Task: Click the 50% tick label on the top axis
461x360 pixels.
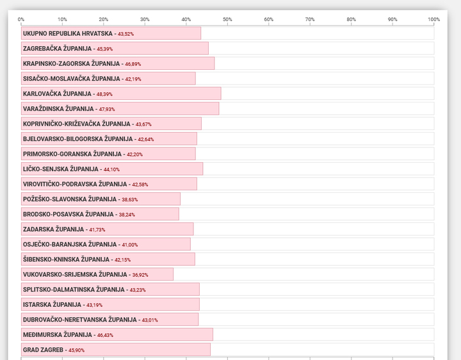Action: coord(227,19)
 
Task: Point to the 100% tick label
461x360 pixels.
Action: coord(433,19)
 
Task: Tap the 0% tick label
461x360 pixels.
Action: coord(21,19)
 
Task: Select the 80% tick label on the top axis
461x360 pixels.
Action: coord(351,19)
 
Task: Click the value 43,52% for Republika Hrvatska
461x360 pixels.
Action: coord(126,34)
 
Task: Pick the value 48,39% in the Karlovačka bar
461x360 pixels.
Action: coord(104,94)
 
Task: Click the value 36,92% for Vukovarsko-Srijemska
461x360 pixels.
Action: coord(140,275)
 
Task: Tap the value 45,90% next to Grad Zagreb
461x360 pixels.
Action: coord(76,350)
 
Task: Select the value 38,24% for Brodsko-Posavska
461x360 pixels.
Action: coord(127,215)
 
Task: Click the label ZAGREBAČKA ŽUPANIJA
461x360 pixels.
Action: coord(58,49)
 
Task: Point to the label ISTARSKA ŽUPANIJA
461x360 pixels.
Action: coord(52,305)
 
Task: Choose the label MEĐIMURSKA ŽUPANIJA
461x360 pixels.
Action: coord(58,335)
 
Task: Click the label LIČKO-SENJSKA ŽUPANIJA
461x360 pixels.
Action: coord(61,169)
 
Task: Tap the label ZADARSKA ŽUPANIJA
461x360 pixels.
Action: coord(54,229)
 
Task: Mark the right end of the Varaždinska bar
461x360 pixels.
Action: coord(219,108)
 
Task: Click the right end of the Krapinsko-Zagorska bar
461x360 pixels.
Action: coord(214,63)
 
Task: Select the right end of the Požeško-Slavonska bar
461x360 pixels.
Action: coord(180,199)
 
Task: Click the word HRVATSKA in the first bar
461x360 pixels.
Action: coord(97,33)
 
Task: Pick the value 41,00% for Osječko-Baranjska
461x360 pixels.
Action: coord(129,245)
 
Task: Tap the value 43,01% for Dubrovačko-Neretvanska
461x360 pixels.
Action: coord(150,320)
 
